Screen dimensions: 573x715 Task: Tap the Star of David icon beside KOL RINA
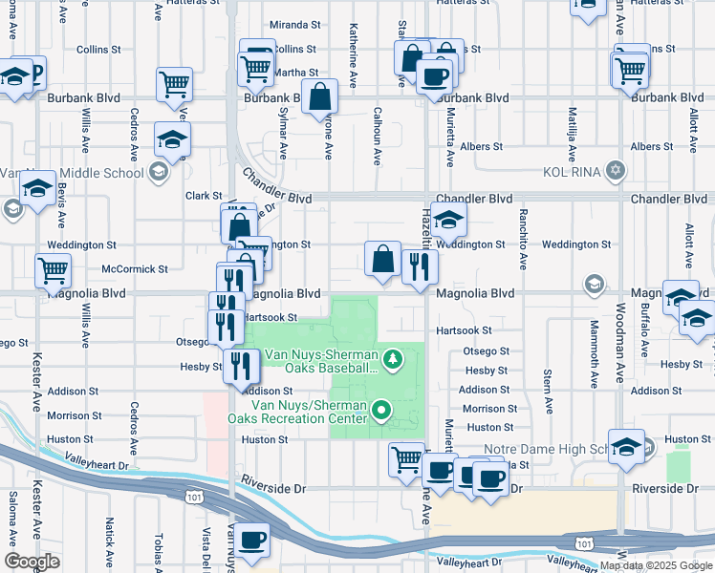click(x=617, y=171)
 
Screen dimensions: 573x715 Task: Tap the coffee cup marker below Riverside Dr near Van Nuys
click(x=253, y=540)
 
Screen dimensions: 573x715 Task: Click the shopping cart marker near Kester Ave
click(x=53, y=270)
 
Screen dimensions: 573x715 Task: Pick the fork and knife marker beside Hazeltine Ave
click(x=419, y=266)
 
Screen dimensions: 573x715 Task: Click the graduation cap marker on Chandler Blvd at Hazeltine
click(x=448, y=221)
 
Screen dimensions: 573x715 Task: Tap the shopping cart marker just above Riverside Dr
click(x=406, y=459)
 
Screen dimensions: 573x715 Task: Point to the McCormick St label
click(x=134, y=269)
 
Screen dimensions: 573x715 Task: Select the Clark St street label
click(x=204, y=196)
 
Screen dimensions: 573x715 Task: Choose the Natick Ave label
click(x=110, y=540)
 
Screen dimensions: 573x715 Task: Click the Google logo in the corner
click(x=32, y=561)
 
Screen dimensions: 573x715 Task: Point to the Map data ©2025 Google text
click(x=655, y=565)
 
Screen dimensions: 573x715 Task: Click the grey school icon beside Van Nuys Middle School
click(x=159, y=172)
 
